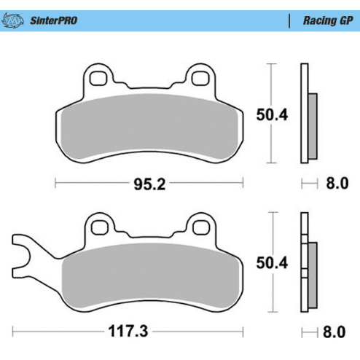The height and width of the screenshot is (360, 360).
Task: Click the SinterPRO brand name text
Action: pos(54,20)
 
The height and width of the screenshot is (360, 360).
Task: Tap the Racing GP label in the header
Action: pos(328,20)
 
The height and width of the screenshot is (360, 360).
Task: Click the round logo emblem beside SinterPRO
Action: pos(12,20)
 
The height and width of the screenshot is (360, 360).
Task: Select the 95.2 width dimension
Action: pos(149,184)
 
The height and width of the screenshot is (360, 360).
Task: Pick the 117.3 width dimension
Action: pos(128,331)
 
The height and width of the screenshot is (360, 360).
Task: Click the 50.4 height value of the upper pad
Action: pos(272,114)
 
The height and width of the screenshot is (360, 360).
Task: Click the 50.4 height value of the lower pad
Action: pos(272,262)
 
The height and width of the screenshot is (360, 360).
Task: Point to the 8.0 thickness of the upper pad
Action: pos(337,183)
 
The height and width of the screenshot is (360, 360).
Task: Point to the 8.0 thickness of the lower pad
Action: pos(334,332)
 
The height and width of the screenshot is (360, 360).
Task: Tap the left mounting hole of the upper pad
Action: pos(98,78)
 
